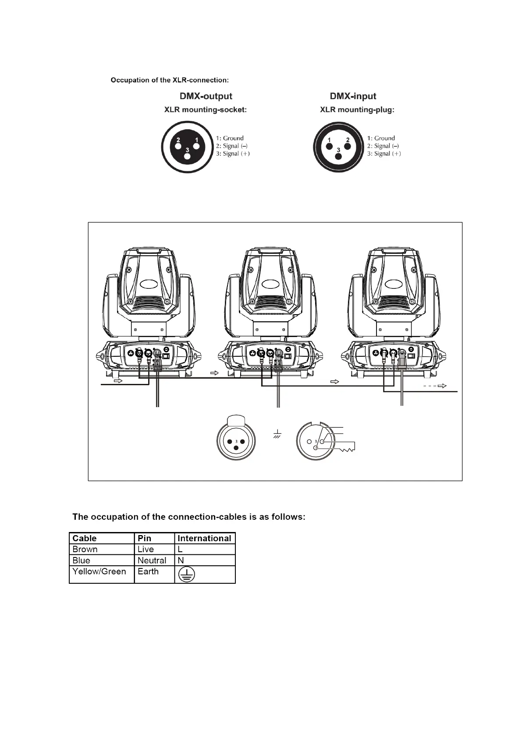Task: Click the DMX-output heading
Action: coord(206,96)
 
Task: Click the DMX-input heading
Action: coord(353,96)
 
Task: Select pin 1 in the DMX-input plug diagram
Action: coord(329,140)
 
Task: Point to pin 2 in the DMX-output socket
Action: coord(178,140)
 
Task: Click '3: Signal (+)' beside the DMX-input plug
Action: coord(384,154)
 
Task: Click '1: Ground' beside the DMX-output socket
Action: coord(229,138)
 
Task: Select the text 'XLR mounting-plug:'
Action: coord(357,110)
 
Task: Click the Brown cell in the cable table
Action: coord(85,550)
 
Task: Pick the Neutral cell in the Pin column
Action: coord(152,561)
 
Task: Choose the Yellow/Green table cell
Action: coord(99,571)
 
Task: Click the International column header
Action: coord(204,538)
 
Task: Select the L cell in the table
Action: coord(180,550)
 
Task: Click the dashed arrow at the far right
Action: coord(435,386)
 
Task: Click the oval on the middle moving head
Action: coord(270,284)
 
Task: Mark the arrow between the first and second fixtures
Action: coord(214,373)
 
